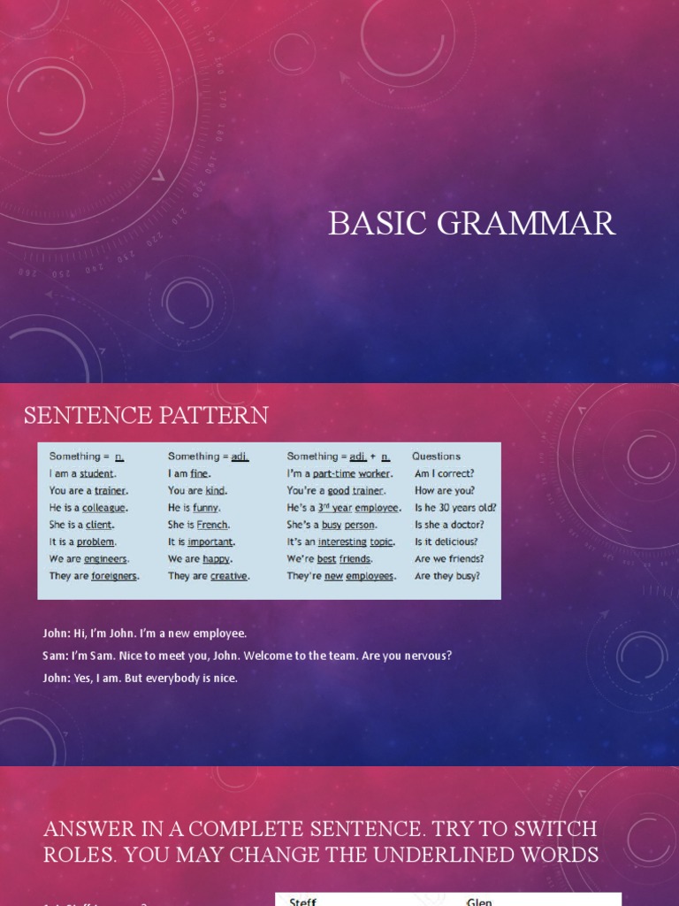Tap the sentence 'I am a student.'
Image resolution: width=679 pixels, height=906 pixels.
tap(83, 473)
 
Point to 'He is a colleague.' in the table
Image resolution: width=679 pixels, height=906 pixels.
tap(88, 508)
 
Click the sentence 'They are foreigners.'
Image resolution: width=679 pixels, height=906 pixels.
tap(95, 575)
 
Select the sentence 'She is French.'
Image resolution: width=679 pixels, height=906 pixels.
tap(199, 525)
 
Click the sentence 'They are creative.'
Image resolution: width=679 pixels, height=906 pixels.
tap(209, 575)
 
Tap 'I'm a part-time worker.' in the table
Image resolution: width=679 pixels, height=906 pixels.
tap(339, 473)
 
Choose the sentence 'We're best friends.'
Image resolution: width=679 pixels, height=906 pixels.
tap(329, 558)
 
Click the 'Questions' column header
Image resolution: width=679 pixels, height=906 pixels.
tap(436, 457)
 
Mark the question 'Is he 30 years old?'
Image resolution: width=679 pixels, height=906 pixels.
tap(455, 508)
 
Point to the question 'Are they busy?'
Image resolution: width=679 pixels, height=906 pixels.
tap(447, 575)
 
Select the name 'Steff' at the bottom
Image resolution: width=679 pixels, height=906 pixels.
tap(302, 902)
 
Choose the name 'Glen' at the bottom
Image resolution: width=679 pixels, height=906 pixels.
tap(479, 902)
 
